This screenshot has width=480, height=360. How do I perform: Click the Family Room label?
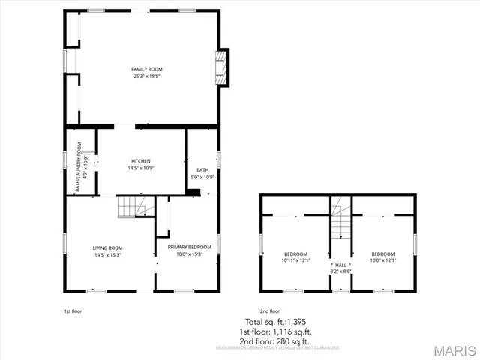147,69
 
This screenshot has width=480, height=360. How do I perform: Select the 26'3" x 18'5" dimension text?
147,76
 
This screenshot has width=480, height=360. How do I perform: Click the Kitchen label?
141,161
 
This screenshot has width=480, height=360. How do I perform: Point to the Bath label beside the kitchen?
202,170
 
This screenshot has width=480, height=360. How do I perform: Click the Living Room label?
107,247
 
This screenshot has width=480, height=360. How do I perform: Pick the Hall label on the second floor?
341,265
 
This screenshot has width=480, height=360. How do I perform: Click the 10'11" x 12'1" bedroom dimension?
296,260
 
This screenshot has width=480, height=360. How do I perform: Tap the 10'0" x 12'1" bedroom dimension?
382,260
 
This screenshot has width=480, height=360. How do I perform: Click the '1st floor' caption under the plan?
73,310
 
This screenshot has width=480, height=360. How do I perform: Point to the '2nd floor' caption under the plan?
269,310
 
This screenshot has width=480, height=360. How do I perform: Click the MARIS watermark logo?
454,350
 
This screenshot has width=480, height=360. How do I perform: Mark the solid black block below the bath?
193,193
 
